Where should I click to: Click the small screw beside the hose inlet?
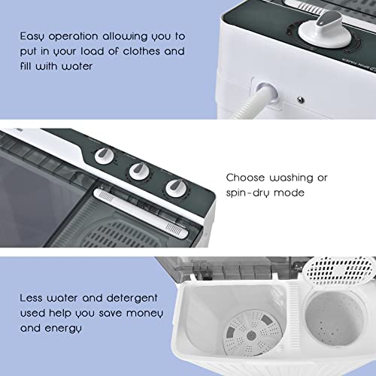[x=301, y=100]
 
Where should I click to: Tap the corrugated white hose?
[x=250, y=105]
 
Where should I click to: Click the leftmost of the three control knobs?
[x=105, y=156]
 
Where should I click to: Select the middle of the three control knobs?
[x=139, y=171]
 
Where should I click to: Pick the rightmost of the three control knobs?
[x=176, y=187]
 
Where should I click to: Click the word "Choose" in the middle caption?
[x=245, y=177]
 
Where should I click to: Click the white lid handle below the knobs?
[x=141, y=214]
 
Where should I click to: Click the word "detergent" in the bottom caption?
[x=132, y=299]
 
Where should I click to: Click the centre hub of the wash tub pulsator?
[x=251, y=335]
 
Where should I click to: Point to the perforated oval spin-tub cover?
[x=338, y=270]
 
